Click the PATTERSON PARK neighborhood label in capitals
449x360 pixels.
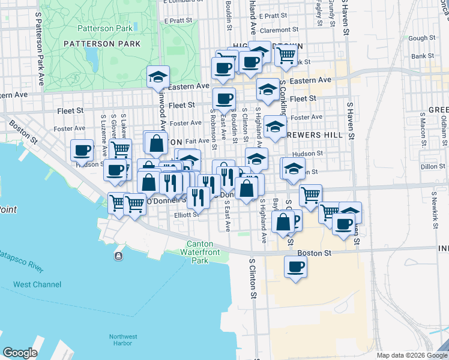coord(102,44)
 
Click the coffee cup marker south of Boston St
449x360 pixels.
coord(295,266)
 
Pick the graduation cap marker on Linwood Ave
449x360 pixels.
coord(158,77)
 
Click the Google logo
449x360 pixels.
coord(20,353)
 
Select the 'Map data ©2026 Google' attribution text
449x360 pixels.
coord(411,355)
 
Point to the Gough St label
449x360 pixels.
coord(417,38)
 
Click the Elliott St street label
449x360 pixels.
coord(186,214)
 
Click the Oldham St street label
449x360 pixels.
coord(443,130)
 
